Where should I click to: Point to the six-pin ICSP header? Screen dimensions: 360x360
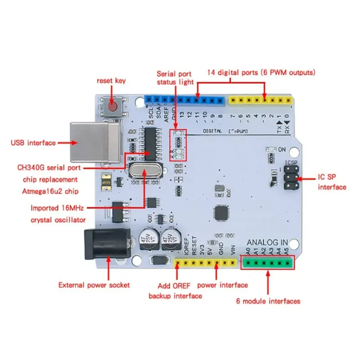291,177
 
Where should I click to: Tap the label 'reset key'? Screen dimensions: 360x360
111,81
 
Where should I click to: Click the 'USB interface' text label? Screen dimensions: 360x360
33,143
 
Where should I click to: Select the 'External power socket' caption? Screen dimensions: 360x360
94,285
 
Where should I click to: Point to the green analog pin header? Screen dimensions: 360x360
268,262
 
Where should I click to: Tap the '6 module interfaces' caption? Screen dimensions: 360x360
268,301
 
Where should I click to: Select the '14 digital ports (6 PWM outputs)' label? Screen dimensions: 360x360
261,72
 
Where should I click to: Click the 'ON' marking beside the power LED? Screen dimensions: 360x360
282,149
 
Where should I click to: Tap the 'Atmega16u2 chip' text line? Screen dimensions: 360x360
50,191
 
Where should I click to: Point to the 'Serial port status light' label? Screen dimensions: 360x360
175,77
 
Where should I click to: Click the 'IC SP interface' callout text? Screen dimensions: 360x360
332,182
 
